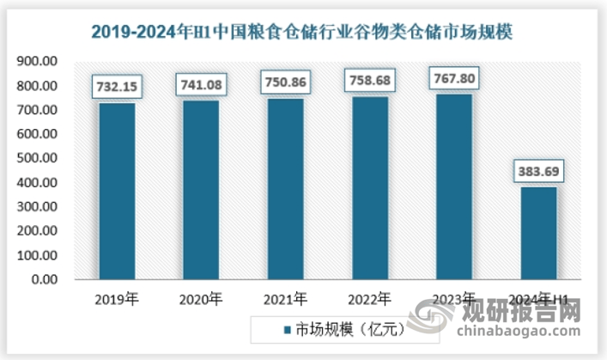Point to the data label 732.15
[x=117, y=86]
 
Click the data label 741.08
[x=201, y=84]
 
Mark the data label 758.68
[x=369, y=81]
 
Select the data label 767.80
[x=453, y=79]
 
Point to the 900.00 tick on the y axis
[x=38, y=62]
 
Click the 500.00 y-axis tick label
[x=38, y=159]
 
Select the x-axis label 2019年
[x=117, y=300]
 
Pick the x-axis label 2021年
[x=285, y=300]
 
